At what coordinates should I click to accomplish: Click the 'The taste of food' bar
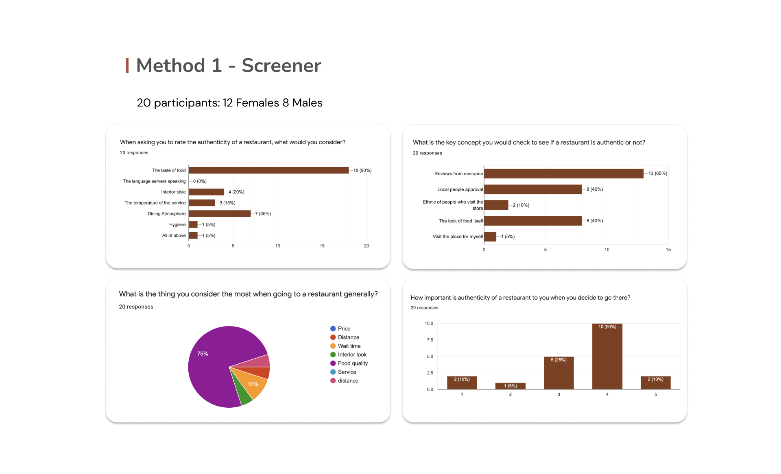(x=268, y=170)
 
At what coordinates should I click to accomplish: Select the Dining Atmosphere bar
(x=220, y=214)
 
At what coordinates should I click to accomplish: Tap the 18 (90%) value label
(x=362, y=170)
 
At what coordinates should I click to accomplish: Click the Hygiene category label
(x=177, y=225)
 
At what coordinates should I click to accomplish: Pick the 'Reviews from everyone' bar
(x=564, y=174)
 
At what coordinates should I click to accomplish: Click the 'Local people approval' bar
(x=533, y=189)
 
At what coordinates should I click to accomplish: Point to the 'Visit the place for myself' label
(x=458, y=237)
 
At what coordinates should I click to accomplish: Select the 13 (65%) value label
(x=657, y=174)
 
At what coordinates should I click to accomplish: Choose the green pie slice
(x=244, y=396)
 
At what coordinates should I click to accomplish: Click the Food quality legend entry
(x=352, y=363)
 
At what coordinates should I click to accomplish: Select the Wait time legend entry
(x=349, y=346)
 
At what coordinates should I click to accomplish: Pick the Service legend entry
(x=347, y=372)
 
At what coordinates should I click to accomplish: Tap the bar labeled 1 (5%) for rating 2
(x=510, y=386)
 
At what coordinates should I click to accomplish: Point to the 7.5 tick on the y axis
(x=430, y=340)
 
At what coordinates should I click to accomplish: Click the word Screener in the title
(x=281, y=66)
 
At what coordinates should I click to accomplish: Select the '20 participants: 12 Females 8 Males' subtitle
(x=229, y=103)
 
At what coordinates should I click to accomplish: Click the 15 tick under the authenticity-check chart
(x=668, y=250)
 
